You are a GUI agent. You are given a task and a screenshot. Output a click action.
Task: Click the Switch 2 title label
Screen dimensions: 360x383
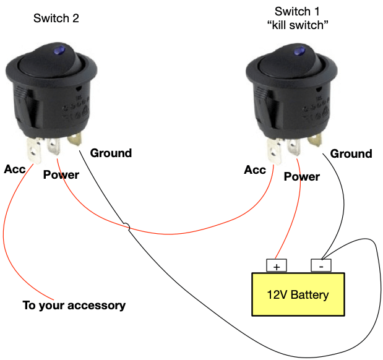(x=56, y=19)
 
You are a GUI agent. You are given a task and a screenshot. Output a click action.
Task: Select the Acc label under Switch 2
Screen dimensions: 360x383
(x=15, y=169)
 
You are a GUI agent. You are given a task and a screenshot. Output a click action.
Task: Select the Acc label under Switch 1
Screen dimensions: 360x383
(x=255, y=169)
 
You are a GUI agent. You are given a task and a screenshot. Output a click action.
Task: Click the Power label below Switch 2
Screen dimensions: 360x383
(x=61, y=175)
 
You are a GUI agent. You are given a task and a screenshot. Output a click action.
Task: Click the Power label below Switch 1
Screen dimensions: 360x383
(x=301, y=177)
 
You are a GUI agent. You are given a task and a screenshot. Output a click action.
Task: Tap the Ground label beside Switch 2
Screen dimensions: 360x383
(x=111, y=153)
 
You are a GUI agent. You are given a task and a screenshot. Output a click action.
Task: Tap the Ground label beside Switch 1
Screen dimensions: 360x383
(x=351, y=153)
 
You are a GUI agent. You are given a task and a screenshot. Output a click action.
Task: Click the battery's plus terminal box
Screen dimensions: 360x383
(x=276, y=265)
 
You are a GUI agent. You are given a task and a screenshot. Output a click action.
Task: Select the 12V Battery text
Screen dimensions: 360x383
(x=298, y=294)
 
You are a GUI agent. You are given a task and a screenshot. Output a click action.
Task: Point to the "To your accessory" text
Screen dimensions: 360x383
(x=74, y=306)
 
